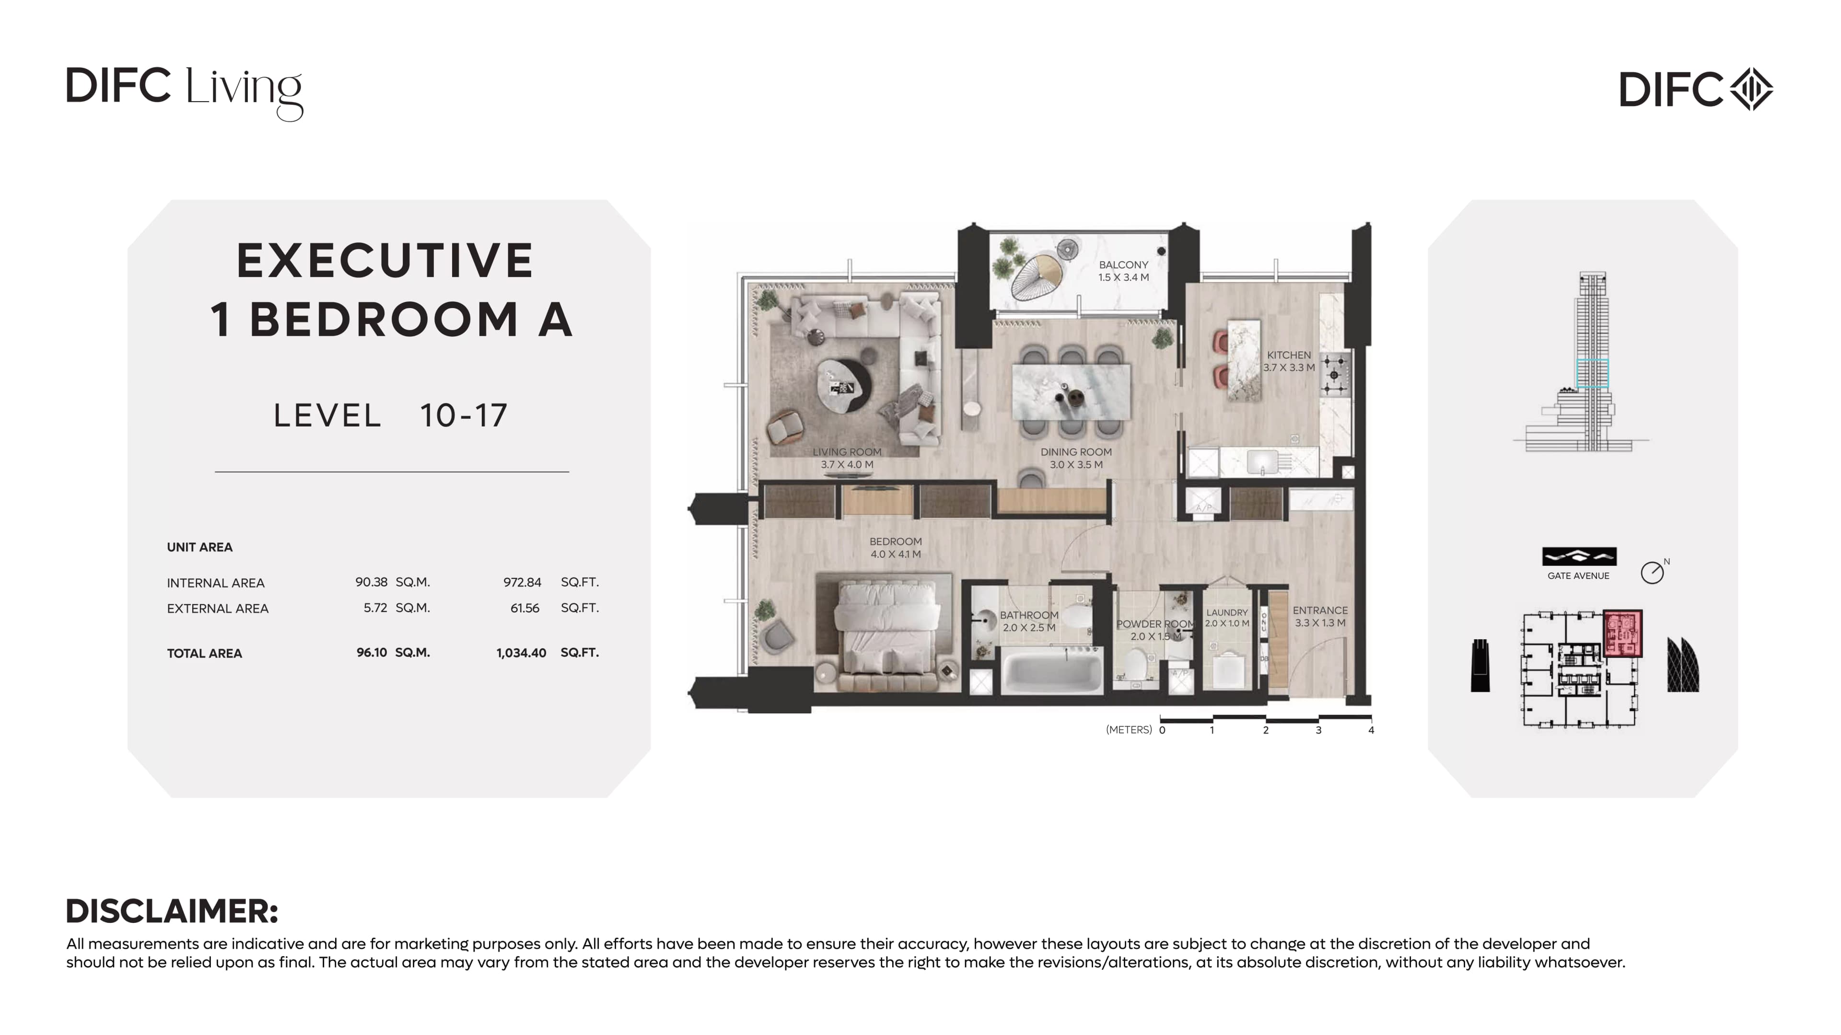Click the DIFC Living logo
coord(185,93)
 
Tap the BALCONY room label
coord(1123,264)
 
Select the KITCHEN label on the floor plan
coord(1289,355)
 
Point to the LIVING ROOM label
coord(847,451)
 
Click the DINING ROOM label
coord(1075,451)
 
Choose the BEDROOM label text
coord(896,541)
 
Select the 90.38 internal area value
coord(372,582)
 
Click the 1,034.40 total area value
coord(521,653)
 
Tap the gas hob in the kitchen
coord(1334,374)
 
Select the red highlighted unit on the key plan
coord(1622,633)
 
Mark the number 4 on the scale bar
coord(1371,730)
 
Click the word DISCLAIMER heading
coord(172,911)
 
